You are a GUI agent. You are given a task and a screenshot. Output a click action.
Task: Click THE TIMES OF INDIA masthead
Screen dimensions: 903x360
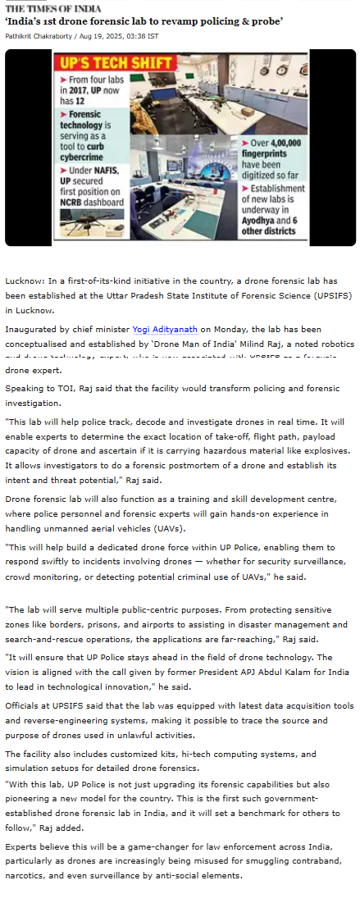pyautogui.click(x=48, y=8)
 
